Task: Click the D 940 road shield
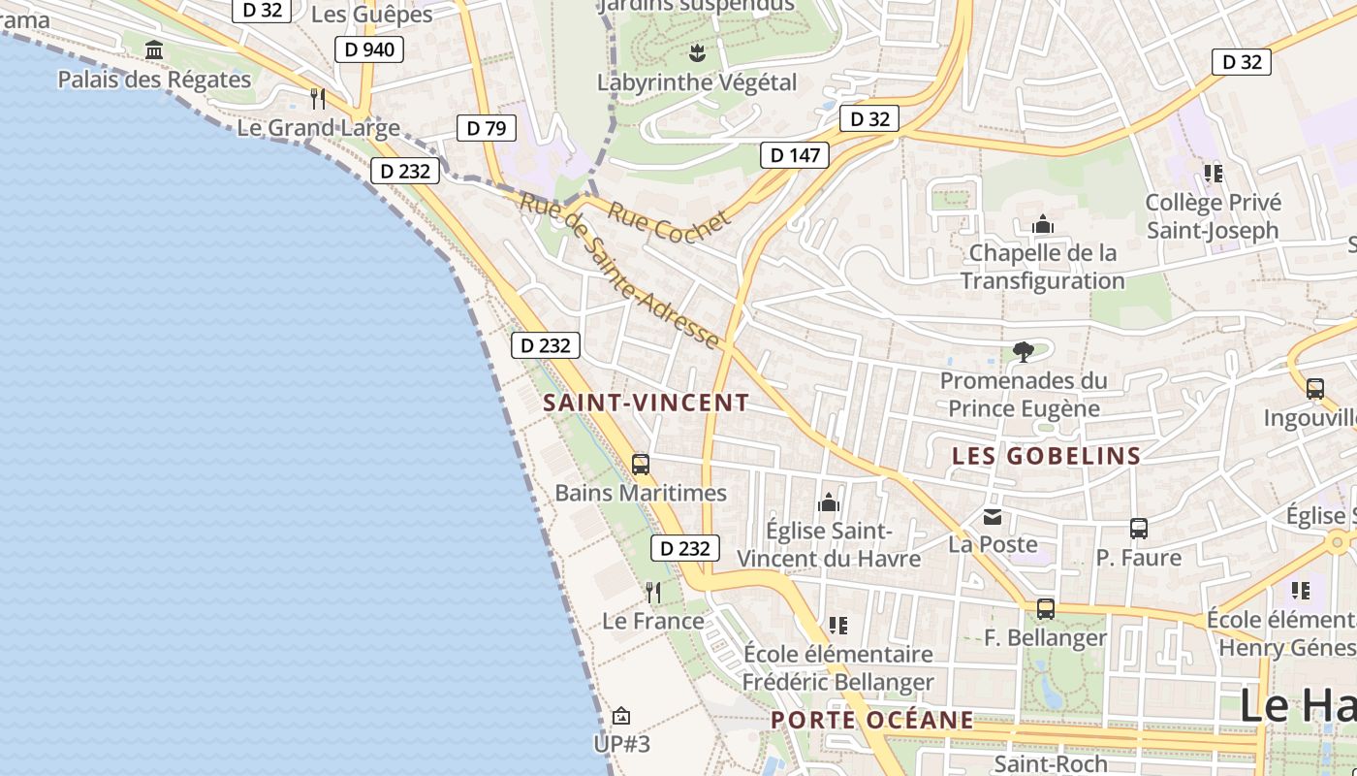(x=368, y=49)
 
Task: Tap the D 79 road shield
(x=486, y=128)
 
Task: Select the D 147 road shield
(x=795, y=155)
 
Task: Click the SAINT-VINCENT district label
(x=647, y=403)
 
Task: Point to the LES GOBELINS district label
(x=1047, y=456)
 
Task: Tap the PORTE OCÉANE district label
(x=872, y=720)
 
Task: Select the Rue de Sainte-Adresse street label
(x=619, y=271)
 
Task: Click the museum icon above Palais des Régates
(x=154, y=50)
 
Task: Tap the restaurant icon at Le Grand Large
(x=317, y=98)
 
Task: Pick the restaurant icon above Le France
(x=653, y=592)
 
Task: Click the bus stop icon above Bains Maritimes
(x=641, y=464)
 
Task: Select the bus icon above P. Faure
(x=1139, y=529)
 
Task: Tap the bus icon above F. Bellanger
(x=1045, y=609)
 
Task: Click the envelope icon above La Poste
(x=993, y=517)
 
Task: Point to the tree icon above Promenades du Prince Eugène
(x=1023, y=351)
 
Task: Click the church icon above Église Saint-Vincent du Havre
(x=829, y=502)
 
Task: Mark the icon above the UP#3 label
(x=621, y=716)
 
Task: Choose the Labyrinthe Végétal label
(x=696, y=82)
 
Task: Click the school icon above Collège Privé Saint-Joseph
(x=1213, y=174)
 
